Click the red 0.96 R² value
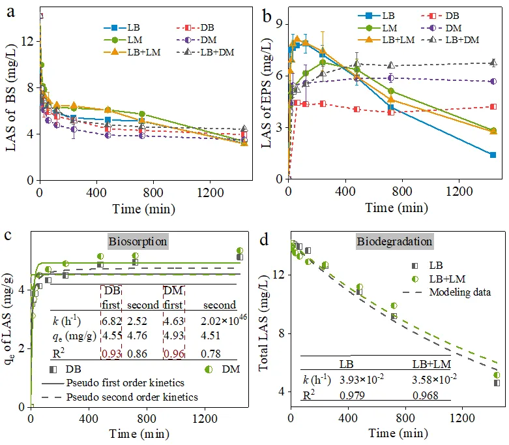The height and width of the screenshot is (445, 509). point(172,354)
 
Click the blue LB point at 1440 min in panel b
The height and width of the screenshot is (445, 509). point(493,155)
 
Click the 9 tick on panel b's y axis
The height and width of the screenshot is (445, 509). point(278,23)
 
